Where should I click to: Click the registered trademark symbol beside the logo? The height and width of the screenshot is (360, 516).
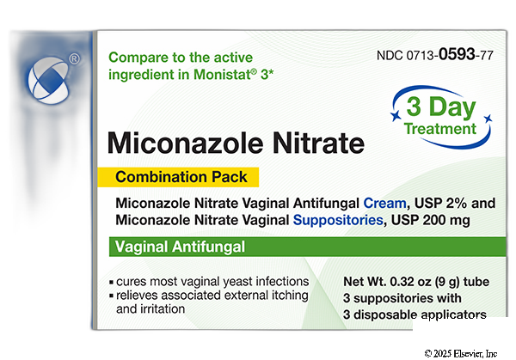coord(75,58)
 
